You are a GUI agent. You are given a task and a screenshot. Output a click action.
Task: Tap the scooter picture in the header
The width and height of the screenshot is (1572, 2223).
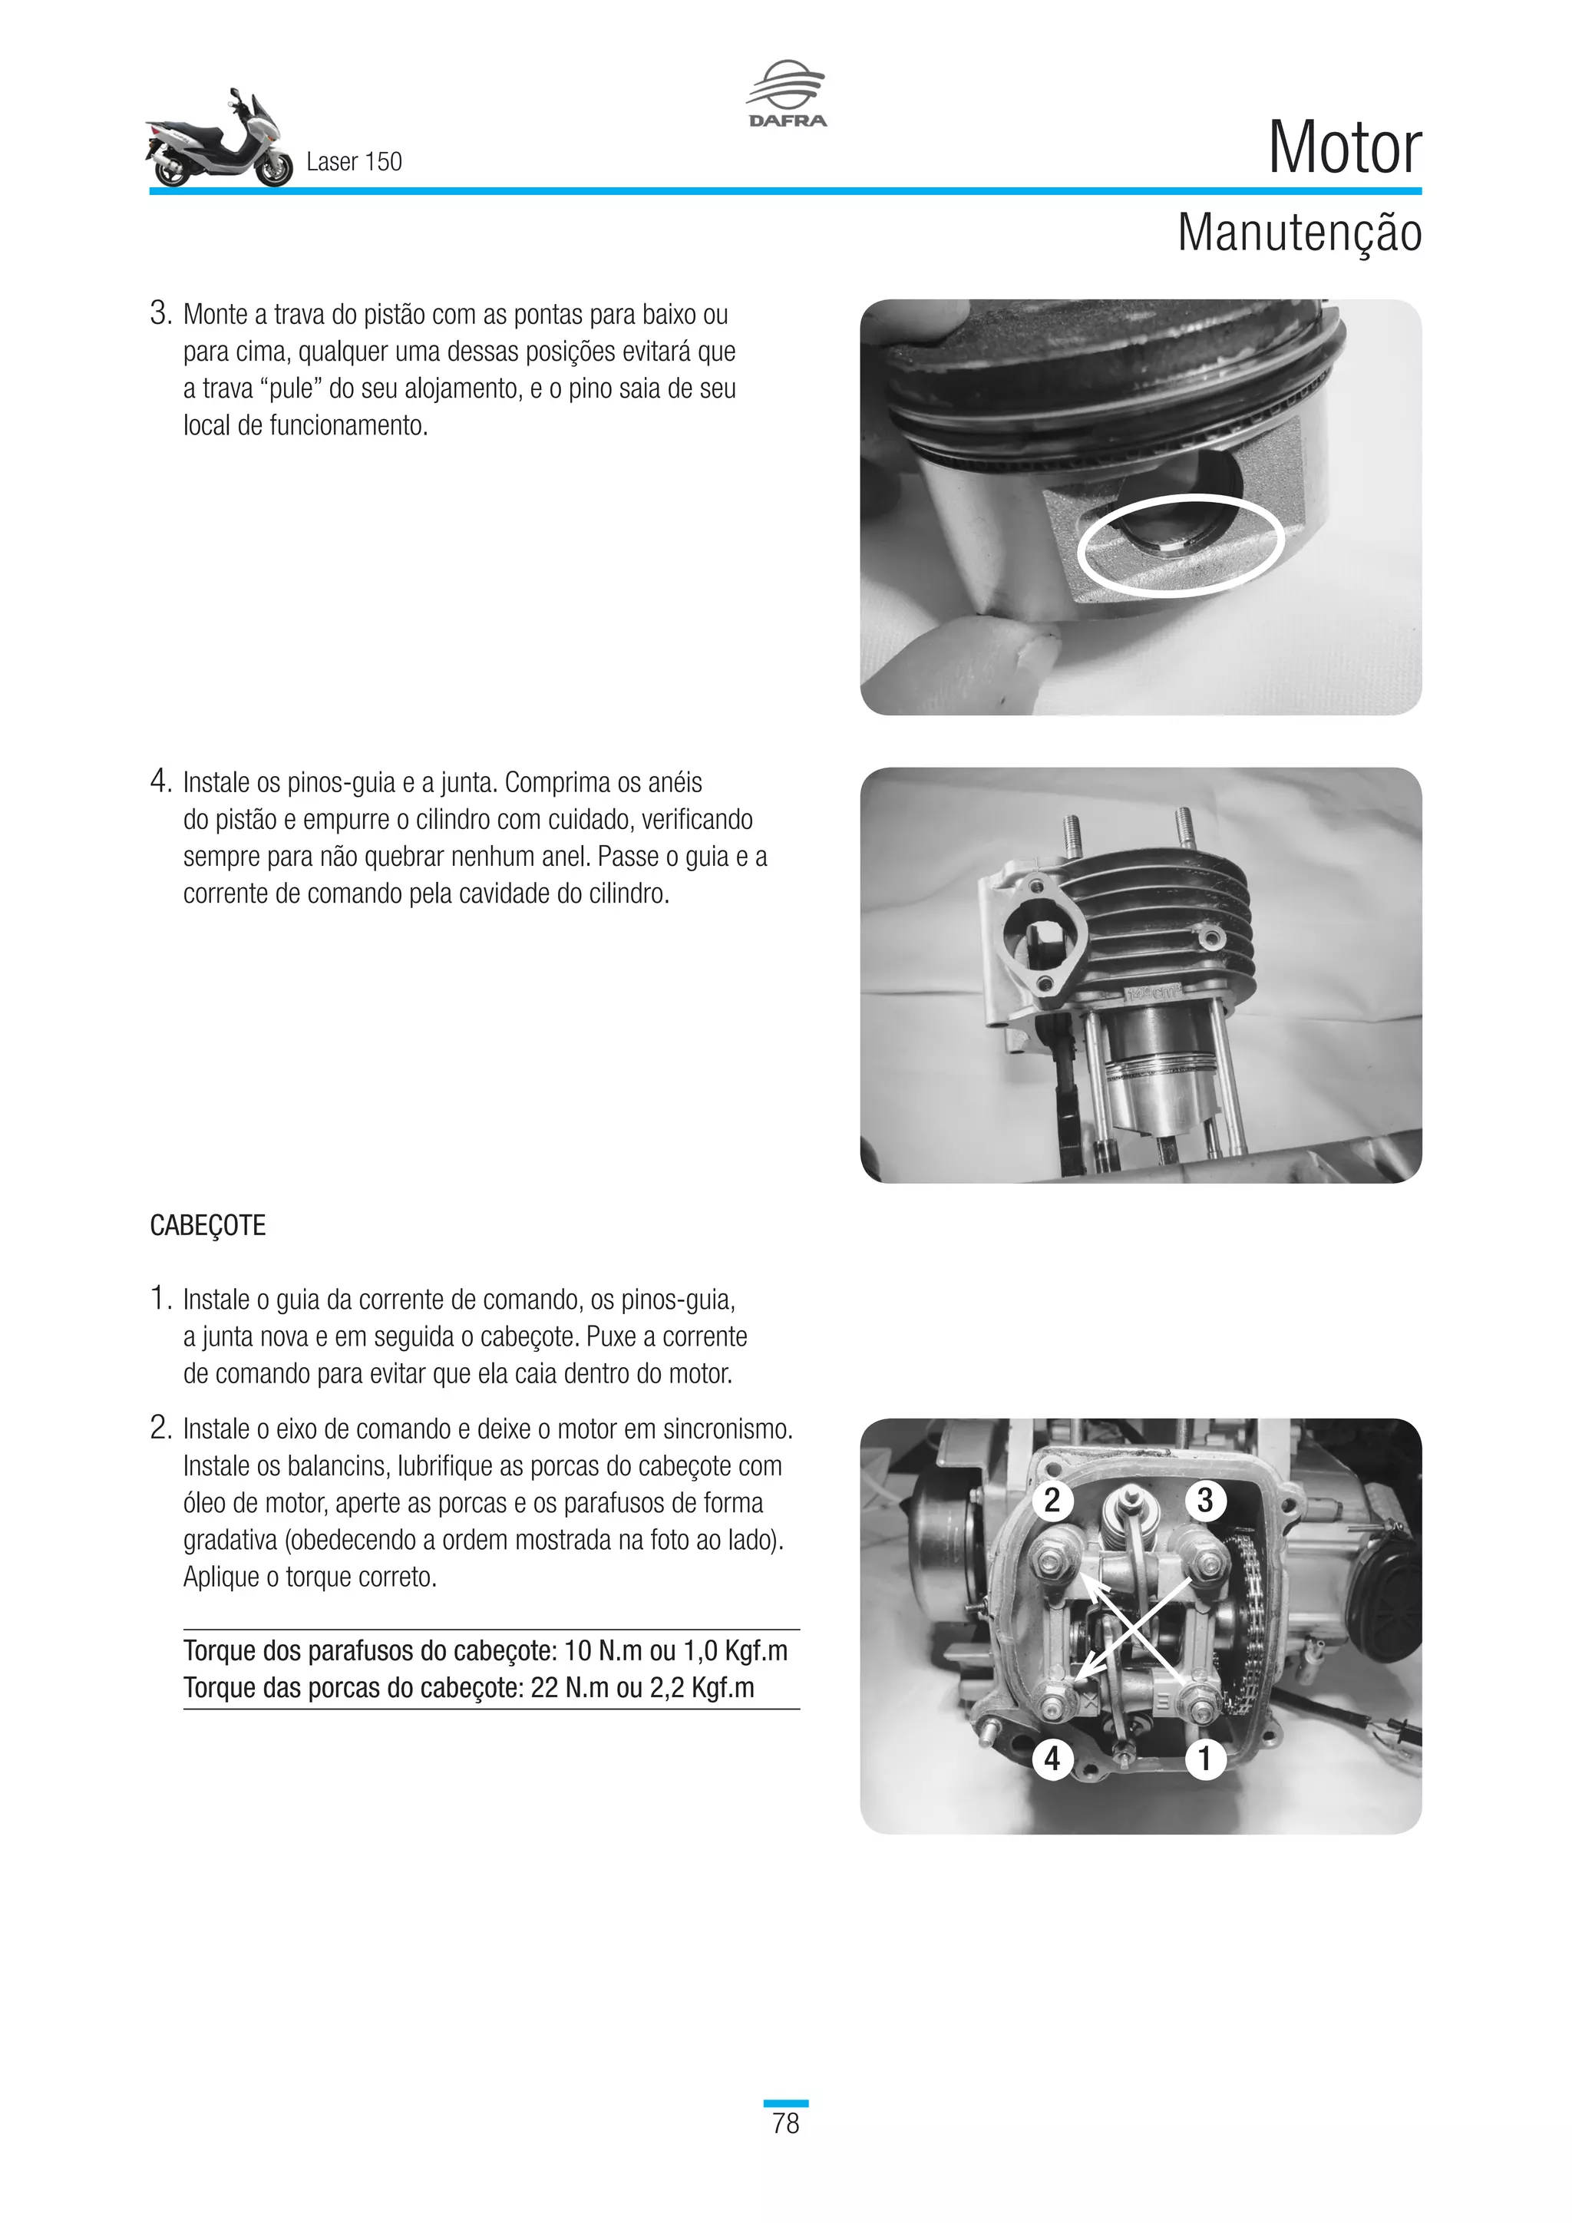(x=220, y=140)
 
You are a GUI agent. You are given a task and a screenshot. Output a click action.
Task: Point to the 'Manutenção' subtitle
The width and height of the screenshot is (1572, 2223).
(x=1299, y=233)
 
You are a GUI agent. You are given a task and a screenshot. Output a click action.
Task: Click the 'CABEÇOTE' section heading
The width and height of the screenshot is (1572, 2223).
(x=207, y=1226)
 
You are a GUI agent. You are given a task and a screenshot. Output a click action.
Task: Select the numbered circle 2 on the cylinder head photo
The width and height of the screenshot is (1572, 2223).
(x=1052, y=1500)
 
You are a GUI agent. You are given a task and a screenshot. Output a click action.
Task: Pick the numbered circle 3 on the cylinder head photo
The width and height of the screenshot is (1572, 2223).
(x=1205, y=1500)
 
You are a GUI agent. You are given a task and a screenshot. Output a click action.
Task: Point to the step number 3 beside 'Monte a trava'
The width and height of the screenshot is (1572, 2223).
(x=160, y=314)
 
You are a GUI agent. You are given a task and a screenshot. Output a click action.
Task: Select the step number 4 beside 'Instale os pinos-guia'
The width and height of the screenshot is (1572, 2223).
(x=160, y=781)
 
